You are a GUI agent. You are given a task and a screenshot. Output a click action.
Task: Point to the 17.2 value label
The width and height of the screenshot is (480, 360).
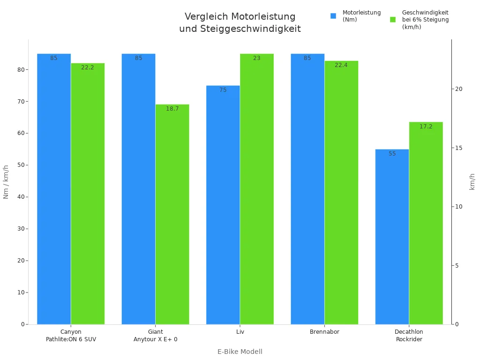coord(426,127)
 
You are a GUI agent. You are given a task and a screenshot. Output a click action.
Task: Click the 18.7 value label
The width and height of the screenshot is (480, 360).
coord(172,109)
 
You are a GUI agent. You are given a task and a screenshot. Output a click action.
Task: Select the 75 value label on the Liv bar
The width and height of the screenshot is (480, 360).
coord(223,90)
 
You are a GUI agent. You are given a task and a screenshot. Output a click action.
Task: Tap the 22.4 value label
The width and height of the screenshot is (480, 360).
coord(341,65)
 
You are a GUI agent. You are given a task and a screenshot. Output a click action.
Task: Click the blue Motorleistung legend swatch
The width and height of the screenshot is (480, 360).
coord(333,16)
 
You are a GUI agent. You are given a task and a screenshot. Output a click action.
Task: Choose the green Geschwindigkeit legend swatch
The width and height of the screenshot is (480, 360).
coord(393,20)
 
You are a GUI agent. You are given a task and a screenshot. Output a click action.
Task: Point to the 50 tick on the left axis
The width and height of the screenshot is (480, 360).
coord(22,165)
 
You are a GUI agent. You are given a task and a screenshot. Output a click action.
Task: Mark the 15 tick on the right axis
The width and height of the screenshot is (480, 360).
coord(459,148)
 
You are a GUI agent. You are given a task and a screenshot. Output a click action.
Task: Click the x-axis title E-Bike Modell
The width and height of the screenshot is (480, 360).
coord(240,352)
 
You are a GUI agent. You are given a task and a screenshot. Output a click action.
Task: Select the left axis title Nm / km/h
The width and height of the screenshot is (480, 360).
coord(7,182)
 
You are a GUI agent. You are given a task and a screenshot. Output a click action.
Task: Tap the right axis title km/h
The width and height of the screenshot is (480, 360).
coord(472,182)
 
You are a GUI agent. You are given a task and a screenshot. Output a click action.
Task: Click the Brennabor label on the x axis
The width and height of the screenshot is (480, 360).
coord(324,332)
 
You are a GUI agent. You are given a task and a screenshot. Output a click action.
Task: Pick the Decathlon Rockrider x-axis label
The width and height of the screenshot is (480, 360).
coord(409,336)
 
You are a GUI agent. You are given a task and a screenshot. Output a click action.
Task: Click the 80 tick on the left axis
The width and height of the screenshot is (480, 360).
coord(22,70)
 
